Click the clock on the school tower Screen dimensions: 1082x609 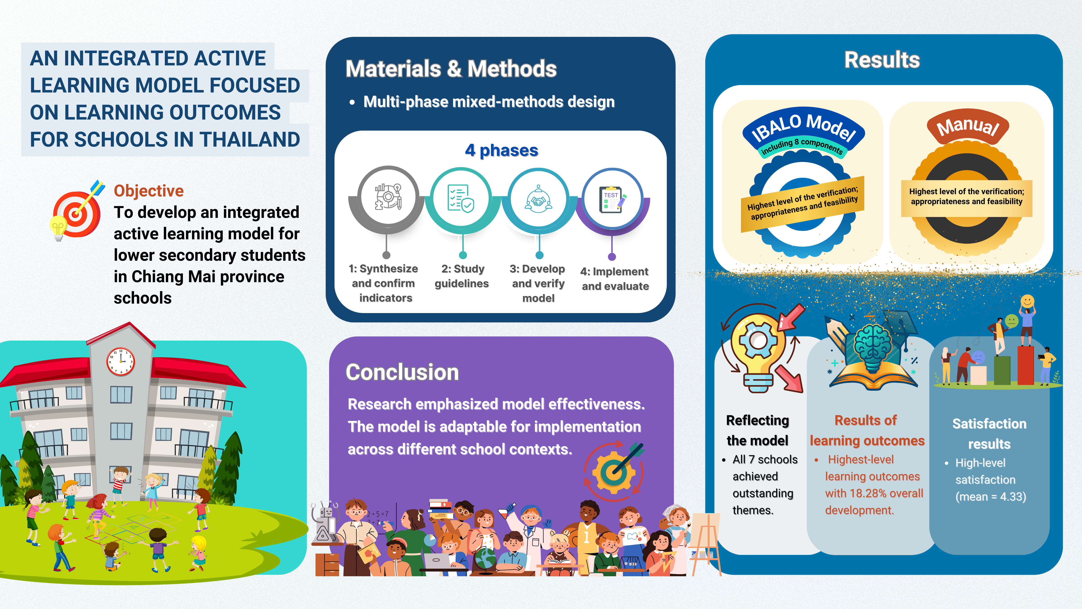121,361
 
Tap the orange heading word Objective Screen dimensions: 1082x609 149,191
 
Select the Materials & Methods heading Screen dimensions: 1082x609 451,69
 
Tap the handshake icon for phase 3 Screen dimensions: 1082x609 538,199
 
